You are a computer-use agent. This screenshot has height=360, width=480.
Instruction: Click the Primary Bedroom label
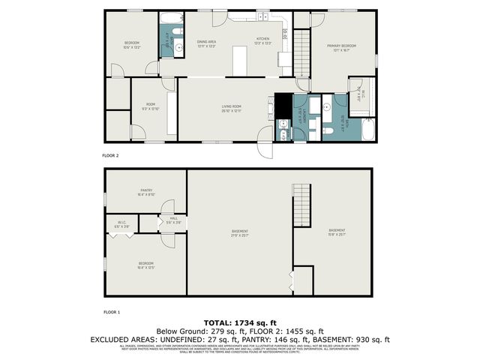[340, 48]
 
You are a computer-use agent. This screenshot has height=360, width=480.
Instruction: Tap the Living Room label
[230, 109]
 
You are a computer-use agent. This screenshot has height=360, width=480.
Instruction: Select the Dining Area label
[206, 43]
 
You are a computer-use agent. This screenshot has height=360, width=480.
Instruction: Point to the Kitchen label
[262, 40]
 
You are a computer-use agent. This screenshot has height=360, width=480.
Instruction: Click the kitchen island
[240, 60]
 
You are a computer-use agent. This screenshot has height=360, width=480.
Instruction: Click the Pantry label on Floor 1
[146, 193]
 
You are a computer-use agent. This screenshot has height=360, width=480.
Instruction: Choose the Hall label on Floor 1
[173, 221]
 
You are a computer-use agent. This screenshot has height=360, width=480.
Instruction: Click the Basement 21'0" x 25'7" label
[240, 232]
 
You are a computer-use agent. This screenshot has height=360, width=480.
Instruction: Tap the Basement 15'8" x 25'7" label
[337, 232]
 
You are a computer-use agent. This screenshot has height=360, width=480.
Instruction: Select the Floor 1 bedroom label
[145, 265]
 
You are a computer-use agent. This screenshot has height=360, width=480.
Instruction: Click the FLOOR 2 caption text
[110, 155]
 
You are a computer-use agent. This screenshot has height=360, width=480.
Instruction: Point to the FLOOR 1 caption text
[110, 310]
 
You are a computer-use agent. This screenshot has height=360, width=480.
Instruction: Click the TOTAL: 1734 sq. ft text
[240, 321]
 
